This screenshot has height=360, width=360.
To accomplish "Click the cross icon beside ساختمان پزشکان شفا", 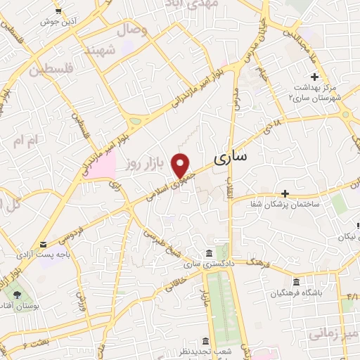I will coord(285,193).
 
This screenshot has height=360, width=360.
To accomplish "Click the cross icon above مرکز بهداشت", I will coord(314,77).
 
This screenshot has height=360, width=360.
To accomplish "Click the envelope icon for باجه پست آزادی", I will coord(44,245).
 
